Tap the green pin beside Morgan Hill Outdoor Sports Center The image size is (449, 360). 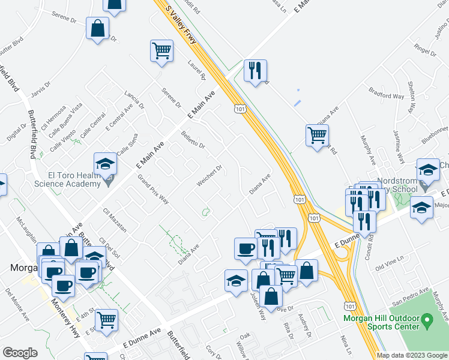click(x=427, y=322)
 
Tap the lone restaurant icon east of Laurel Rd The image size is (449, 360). click(x=255, y=71)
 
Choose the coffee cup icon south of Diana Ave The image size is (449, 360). click(x=244, y=249)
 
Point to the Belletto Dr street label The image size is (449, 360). click(x=193, y=140)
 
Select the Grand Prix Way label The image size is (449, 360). click(x=153, y=189)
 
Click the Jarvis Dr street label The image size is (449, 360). click(x=40, y=87)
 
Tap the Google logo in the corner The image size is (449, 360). click(x=20, y=353)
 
